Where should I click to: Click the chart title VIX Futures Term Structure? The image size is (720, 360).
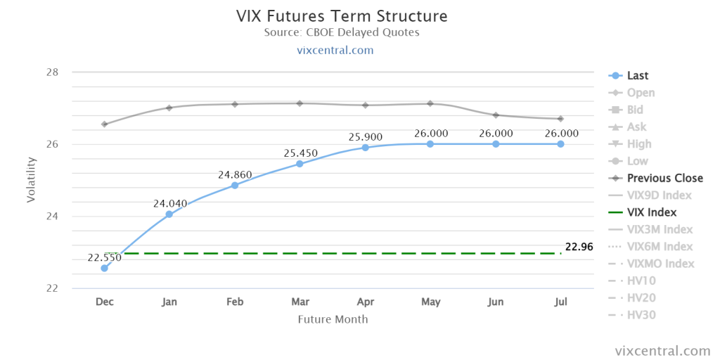pyautogui.click(x=342, y=17)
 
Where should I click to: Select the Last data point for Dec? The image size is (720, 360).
pyautogui.click(x=104, y=268)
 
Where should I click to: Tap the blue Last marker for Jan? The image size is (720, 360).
pyautogui.click(x=169, y=214)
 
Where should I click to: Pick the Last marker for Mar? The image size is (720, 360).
pyautogui.click(x=300, y=163)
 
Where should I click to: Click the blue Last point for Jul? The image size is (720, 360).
pyautogui.click(x=560, y=143)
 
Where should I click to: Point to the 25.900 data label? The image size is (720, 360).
pyautogui.click(x=365, y=137)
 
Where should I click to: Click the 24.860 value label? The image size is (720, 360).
pyautogui.click(x=235, y=174)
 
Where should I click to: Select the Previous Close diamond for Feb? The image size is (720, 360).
pyautogui.click(x=235, y=104)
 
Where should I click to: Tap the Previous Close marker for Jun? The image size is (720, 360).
pyautogui.click(x=496, y=115)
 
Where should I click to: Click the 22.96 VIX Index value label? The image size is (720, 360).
pyautogui.click(x=579, y=247)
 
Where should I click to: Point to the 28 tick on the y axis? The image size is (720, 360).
pyautogui.click(x=52, y=72)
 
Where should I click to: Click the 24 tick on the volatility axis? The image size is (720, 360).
pyautogui.click(x=52, y=217)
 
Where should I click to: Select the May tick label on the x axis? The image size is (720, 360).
pyautogui.click(x=431, y=302)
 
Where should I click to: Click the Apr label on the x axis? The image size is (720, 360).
pyautogui.click(x=366, y=302)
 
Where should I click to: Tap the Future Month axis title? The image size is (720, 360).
pyautogui.click(x=333, y=319)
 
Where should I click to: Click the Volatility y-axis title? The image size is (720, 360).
pyautogui.click(x=31, y=179)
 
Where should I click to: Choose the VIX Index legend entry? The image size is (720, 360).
pyautogui.click(x=642, y=212)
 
